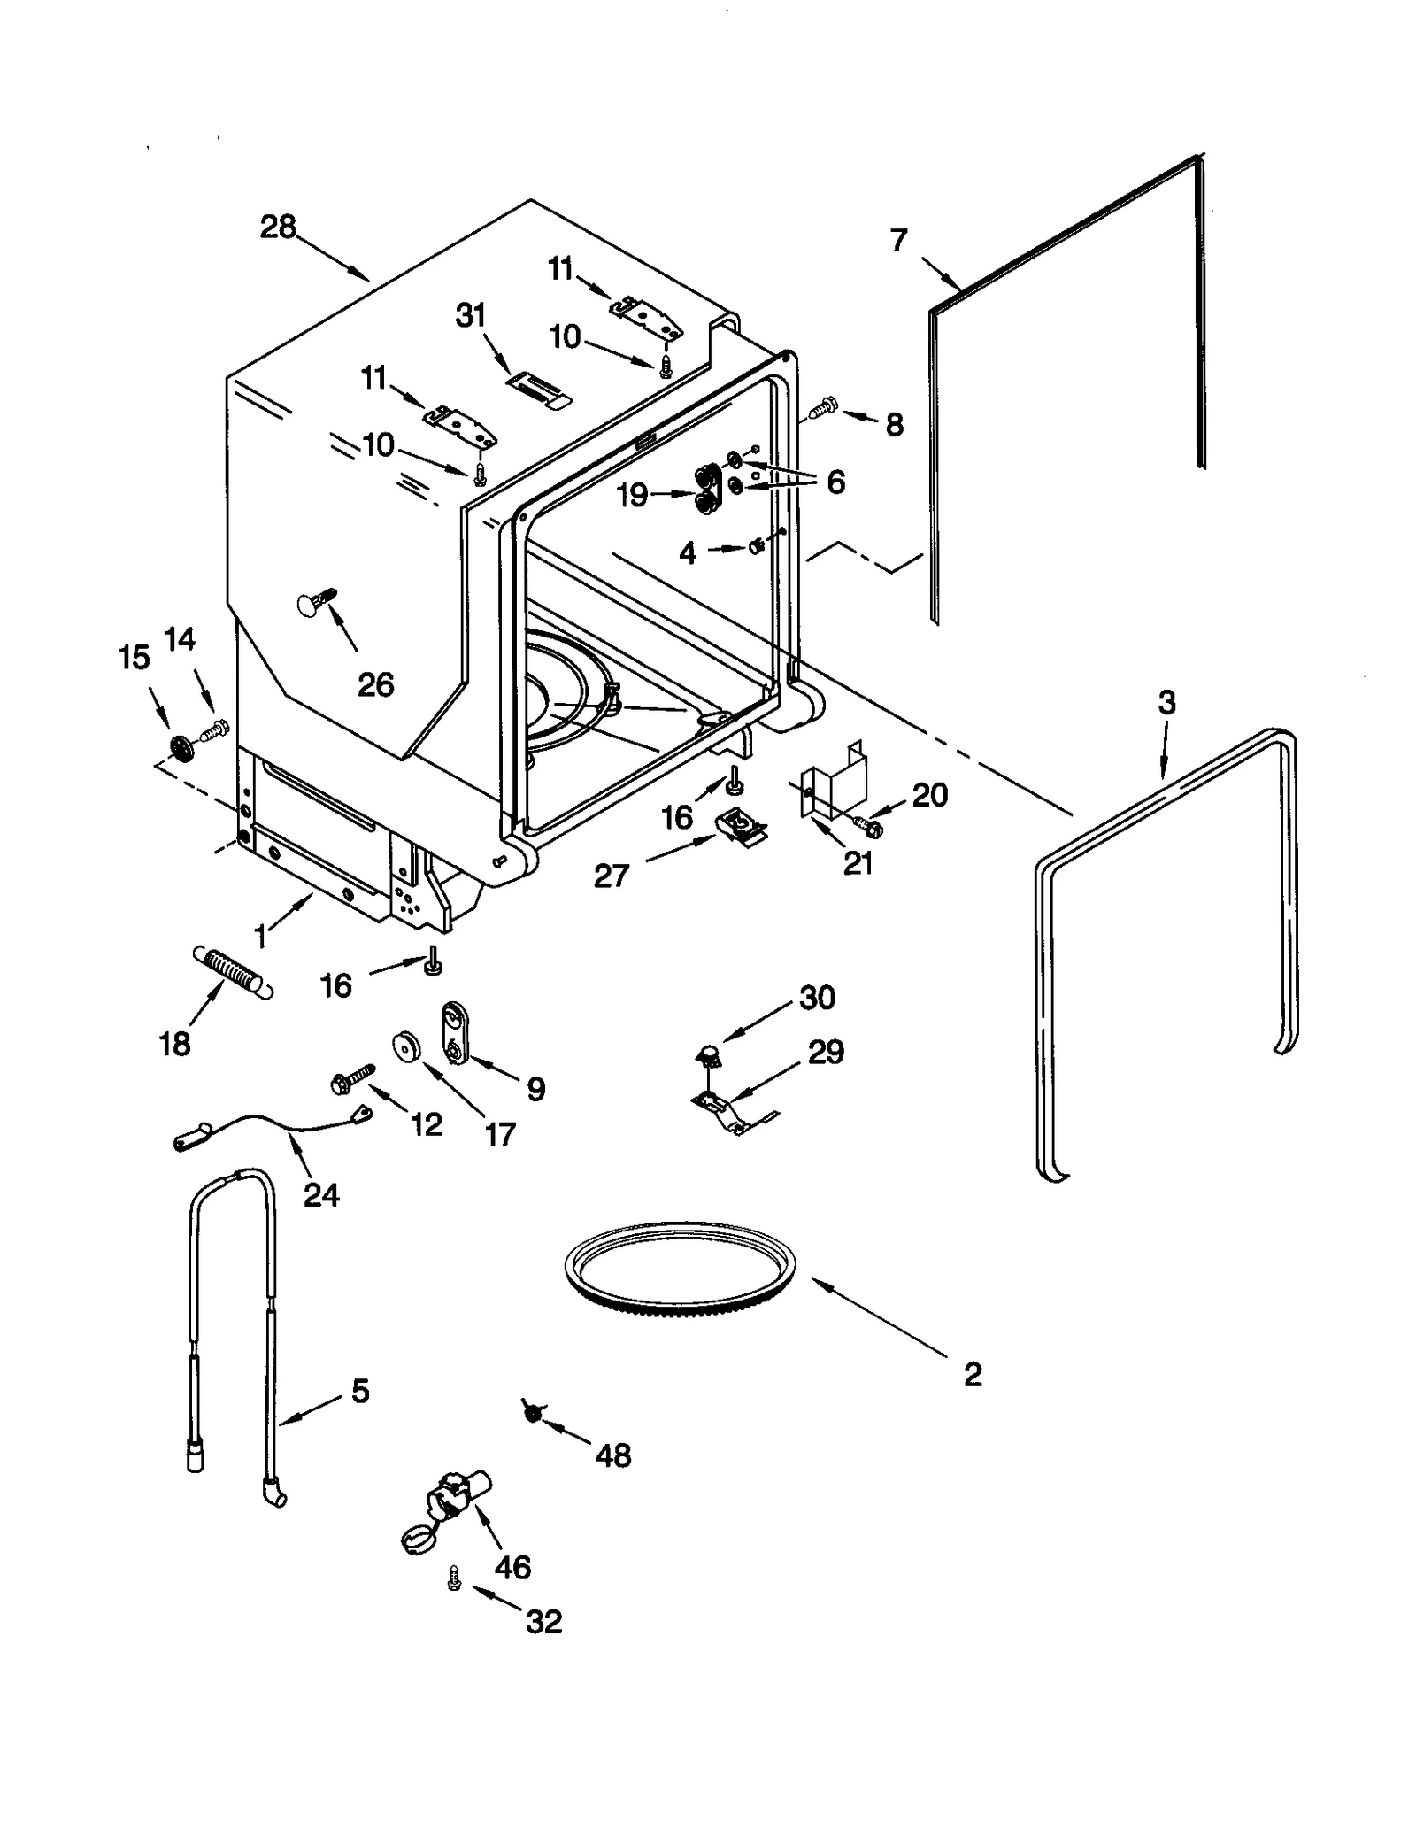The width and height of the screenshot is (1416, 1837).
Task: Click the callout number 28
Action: [277, 228]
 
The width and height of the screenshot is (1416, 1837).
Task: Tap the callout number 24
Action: [320, 1195]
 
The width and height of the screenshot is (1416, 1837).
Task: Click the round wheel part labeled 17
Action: [408, 1046]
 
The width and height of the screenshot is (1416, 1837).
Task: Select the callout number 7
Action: [898, 239]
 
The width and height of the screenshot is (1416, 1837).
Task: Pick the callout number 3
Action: [1166, 704]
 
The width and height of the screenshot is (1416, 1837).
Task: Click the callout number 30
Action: [816, 998]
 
